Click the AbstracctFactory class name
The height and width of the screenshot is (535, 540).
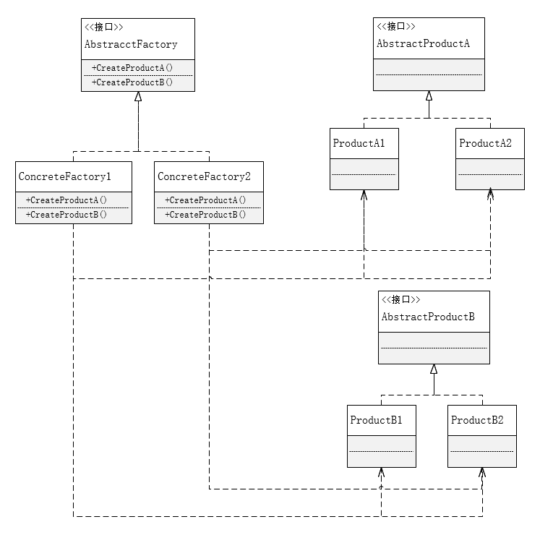pyautogui.click(x=131, y=45)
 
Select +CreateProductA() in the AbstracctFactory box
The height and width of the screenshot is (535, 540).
pyautogui.click(x=132, y=67)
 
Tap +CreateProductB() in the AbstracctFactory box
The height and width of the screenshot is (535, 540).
pyautogui.click(x=132, y=82)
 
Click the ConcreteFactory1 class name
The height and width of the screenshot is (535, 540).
pyautogui.click(x=65, y=176)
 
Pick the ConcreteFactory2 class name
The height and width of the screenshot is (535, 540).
pyautogui.click(x=205, y=176)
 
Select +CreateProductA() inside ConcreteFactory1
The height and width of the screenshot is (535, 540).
pyautogui.click(x=67, y=200)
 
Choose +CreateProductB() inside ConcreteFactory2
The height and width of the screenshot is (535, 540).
pyautogui.click(x=205, y=215)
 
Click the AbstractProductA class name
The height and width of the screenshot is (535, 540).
pyautogui.click(x=423, y=44)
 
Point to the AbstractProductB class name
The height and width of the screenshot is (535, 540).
pyautogui.click(x=427, y=317)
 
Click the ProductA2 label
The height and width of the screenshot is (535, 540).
pyautogui.click(x=485, y=143)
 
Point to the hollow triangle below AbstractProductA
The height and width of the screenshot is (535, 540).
pyautogui.click(x=429, y=96)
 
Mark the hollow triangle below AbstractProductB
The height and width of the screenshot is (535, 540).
pyautogui.click(x=434, y=369)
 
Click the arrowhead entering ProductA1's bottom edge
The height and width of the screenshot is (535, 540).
pyautogui.click(x=364, y=194)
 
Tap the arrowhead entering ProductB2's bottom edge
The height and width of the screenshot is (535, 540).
pyautogui.click(x=482, y=472)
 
